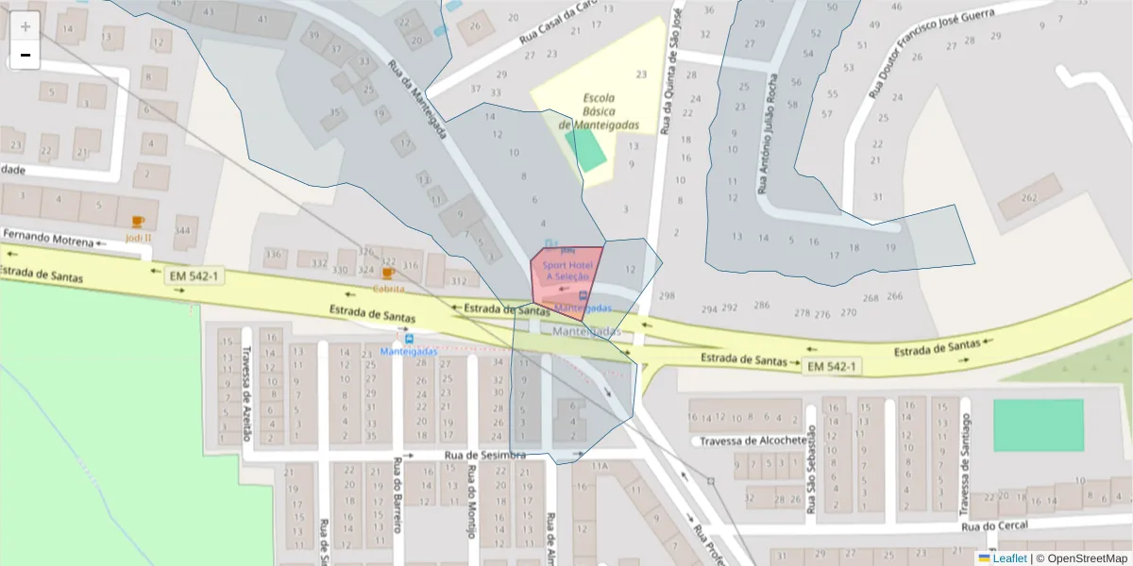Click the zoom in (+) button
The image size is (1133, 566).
25,26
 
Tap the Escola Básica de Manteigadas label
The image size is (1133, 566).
599,111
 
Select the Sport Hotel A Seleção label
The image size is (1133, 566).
566,271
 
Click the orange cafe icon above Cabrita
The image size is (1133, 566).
387,273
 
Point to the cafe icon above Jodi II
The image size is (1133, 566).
138,222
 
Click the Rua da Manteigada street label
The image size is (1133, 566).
416,101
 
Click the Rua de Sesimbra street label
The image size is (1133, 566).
484,455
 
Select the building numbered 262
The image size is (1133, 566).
1028,198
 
